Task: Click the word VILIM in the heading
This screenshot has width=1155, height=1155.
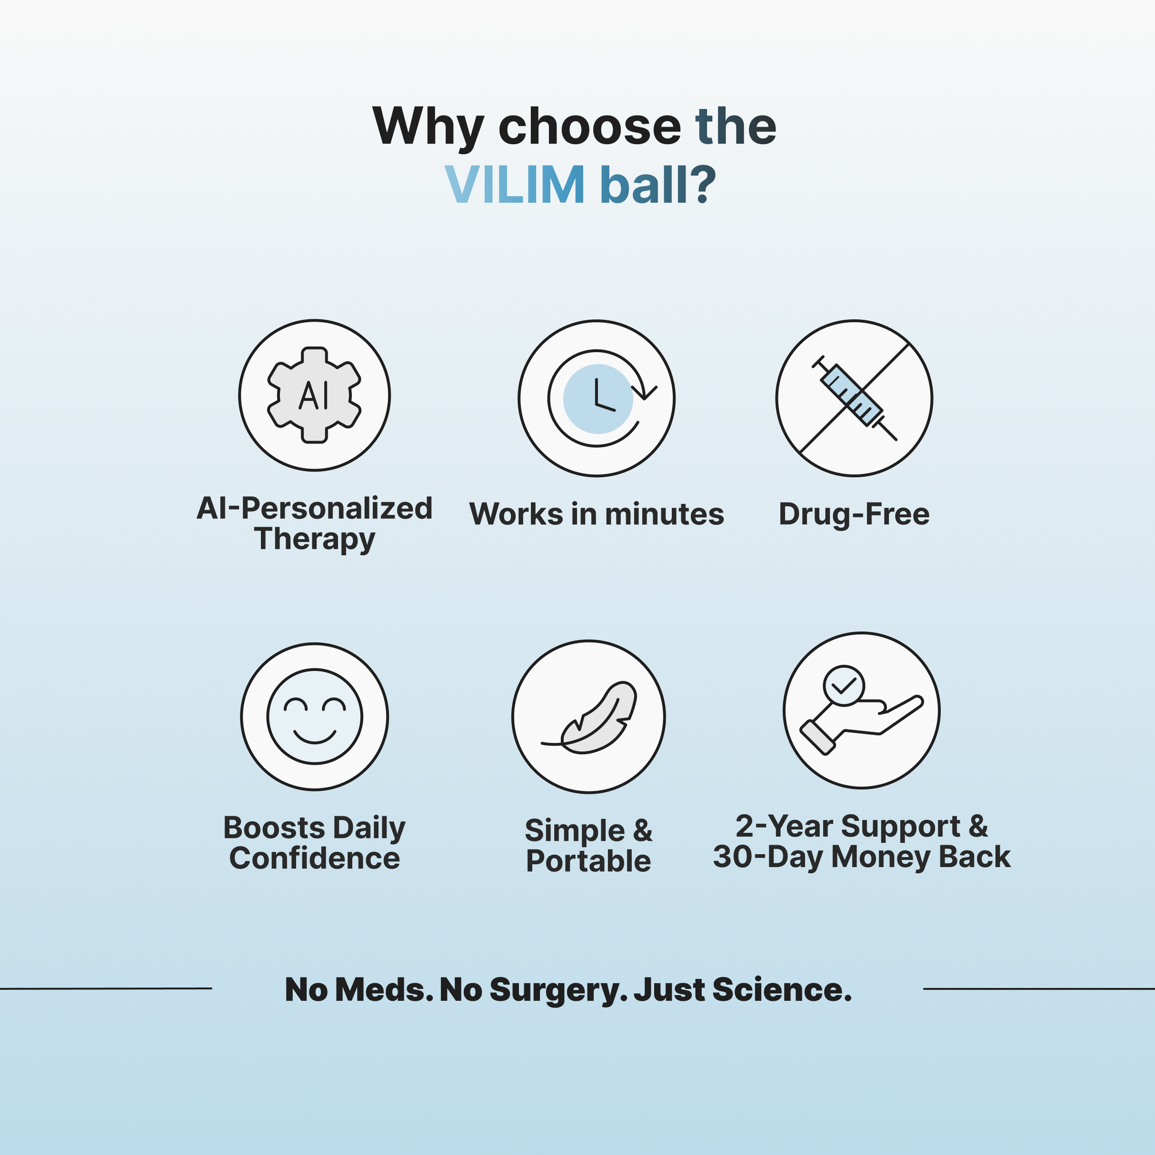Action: pos(514,184)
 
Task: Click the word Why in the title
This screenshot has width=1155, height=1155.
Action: pos(427,126)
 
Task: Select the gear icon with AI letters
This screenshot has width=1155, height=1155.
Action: pos(315,395)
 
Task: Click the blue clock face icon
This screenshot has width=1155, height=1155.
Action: pos(598,398)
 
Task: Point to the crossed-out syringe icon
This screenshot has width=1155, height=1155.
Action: pos(854,398)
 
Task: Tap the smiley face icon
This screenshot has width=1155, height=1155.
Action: pos(315,716)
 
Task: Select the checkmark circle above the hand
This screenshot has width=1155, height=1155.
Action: pos(843,685)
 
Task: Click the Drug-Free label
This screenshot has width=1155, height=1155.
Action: pos(854,514)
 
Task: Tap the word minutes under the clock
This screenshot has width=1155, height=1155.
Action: pos(664,514)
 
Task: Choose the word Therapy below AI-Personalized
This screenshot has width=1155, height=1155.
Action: pos(315,539)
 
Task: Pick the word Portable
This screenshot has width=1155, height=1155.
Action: pos(589,861)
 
